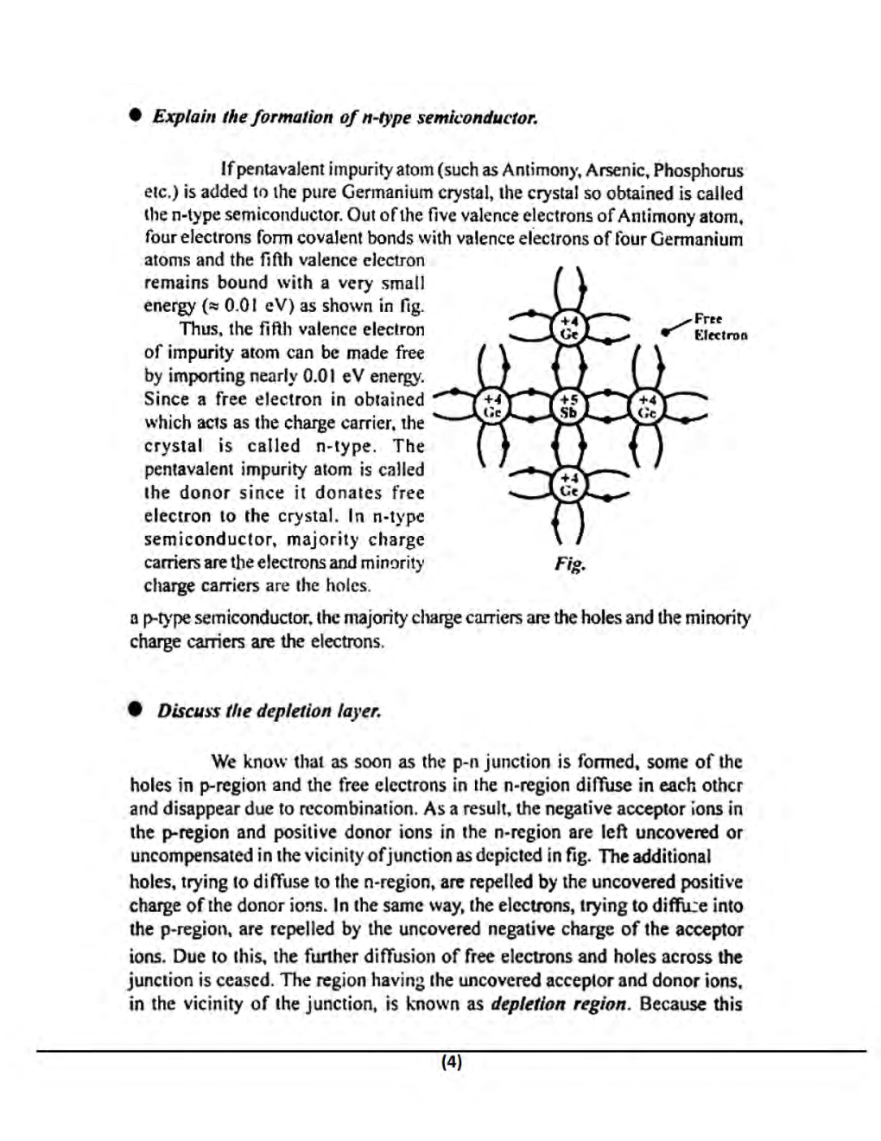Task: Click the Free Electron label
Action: point(719,328)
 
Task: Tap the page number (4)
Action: point(451,1062)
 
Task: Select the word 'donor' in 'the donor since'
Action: point(207,493)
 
